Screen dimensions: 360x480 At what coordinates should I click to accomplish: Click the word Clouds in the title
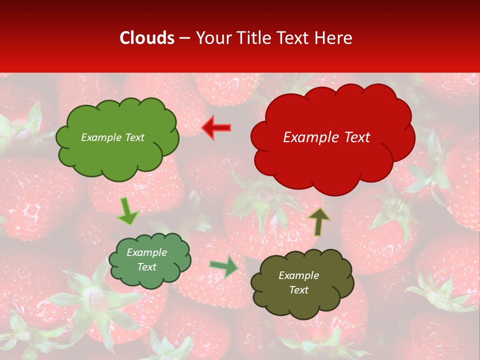click(147, 38)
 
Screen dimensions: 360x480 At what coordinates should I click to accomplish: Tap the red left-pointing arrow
click(216, 128)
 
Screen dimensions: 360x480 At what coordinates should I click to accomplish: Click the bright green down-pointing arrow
click(127, 211)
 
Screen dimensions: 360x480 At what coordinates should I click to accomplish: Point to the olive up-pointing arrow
click(318, 221)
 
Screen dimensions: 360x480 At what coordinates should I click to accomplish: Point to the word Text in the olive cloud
click(298, 290)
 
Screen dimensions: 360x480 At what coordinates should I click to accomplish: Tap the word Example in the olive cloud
click(298, 275)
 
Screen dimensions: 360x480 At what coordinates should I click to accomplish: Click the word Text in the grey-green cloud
click(146, 267)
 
